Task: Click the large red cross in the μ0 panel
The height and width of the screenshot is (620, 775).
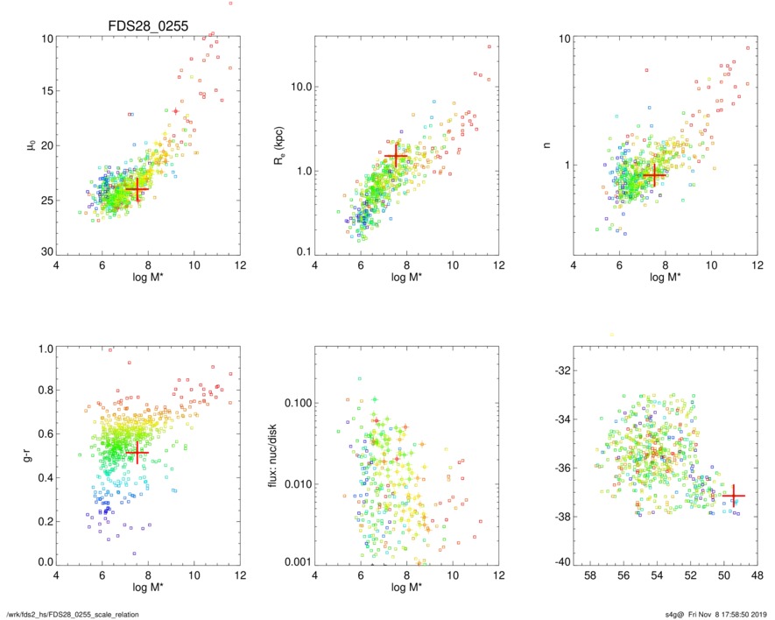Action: point(137,188)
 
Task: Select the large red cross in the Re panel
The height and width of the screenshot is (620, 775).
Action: point(397,155)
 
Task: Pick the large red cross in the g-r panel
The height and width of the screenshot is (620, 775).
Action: point(135,452)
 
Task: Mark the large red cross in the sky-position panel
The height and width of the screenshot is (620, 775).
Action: point(733,496)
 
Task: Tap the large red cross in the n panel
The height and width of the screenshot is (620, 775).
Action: point(654,174)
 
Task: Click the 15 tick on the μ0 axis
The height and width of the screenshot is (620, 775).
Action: point(48,91)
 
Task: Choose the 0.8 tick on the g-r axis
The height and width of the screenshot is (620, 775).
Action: point(44,391)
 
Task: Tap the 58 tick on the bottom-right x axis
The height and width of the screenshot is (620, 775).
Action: point(590,577)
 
